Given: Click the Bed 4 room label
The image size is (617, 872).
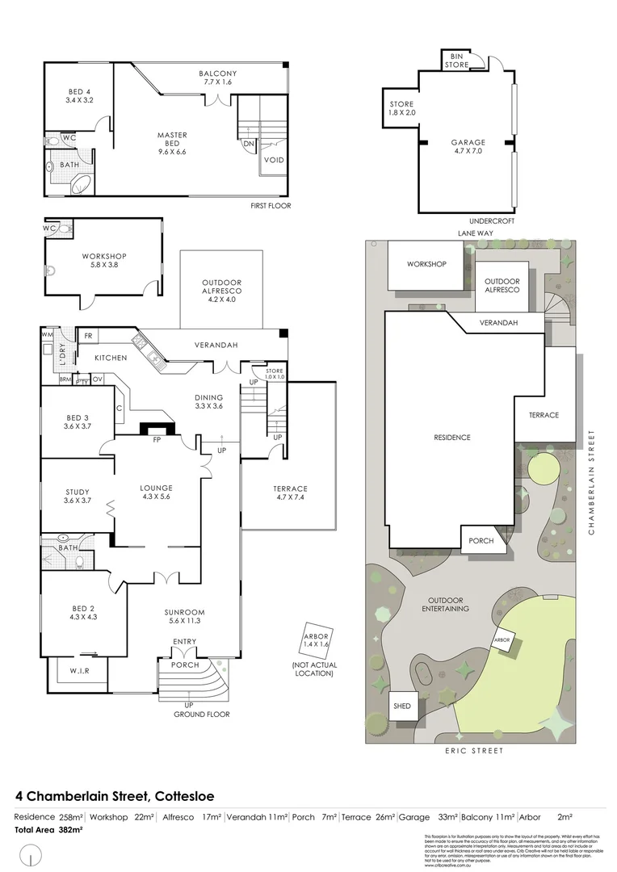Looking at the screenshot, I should (78, 96).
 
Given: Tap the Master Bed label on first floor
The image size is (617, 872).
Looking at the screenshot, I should (172, 140).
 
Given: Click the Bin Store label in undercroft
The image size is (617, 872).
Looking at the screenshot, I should (456, 61).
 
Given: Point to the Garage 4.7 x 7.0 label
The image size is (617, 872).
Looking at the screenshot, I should (468, 146).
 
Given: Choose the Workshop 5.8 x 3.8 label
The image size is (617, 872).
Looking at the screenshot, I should (103, 261).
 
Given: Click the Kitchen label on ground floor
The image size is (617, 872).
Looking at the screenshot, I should (111, 357).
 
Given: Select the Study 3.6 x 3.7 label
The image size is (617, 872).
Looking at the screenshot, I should (78, 496).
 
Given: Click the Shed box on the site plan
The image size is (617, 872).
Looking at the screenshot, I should (401, 706).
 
